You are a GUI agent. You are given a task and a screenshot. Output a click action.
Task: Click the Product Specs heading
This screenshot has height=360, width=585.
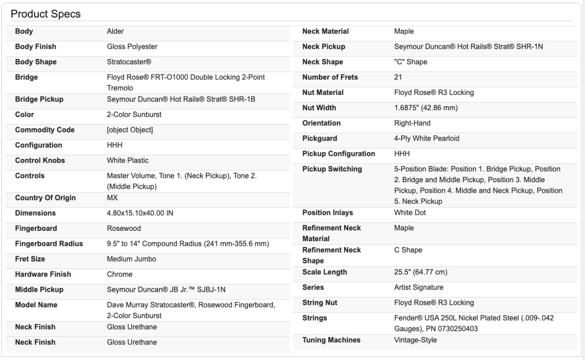coord(46,14)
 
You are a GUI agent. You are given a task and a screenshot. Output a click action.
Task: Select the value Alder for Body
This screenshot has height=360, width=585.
coord(116,32)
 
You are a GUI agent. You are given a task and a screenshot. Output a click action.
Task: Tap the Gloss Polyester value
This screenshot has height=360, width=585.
coord(132,47)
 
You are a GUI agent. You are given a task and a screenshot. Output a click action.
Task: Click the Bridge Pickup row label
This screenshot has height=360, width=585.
coord(39,99)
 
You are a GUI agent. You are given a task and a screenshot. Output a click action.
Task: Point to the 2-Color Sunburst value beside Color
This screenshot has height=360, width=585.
coord(134,115)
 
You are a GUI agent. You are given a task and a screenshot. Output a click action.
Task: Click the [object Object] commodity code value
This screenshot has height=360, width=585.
coord(130,130)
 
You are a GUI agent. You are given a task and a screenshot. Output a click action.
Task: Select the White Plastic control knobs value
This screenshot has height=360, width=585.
coord(128,160)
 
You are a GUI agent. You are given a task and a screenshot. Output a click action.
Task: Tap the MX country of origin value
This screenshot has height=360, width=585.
coord(112,198)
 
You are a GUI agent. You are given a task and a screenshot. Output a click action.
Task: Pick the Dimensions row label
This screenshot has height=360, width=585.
coord(36,213)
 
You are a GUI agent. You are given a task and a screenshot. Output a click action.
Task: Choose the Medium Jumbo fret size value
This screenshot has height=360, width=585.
coord(132,259)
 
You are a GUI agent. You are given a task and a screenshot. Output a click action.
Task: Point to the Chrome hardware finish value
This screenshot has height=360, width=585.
coord(119,274)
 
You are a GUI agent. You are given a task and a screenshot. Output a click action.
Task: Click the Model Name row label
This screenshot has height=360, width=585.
coord(36,305)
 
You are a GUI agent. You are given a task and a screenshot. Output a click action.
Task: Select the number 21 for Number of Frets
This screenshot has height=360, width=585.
coord(398,77)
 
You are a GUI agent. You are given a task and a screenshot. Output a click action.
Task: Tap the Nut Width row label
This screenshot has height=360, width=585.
coord(319,108)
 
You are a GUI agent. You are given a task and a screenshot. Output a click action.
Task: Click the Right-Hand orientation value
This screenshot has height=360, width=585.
coord(412,123)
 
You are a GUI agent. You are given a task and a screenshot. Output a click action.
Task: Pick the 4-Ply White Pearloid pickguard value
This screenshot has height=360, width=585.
coord(427,138)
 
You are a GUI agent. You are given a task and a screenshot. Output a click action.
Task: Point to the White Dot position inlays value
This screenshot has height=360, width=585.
coord(409,213)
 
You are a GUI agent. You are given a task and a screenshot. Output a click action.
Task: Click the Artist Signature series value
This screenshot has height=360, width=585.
coord(419,287)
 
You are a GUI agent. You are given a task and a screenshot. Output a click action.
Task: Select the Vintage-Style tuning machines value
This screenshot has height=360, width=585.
coord(415,340)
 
